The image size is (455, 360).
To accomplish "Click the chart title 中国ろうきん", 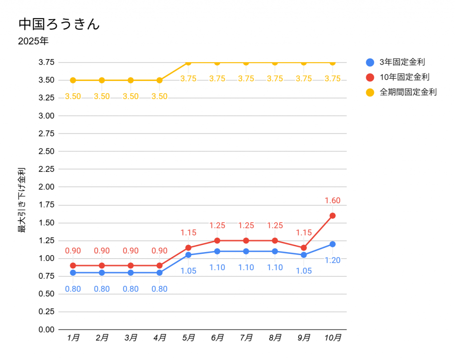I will (59, 24).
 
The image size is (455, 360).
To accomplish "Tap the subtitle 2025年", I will (33, 42).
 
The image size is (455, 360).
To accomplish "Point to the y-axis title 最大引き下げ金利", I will (21, 200).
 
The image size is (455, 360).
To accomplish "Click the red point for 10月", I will (332, 216).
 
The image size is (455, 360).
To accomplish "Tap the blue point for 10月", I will (332, 244).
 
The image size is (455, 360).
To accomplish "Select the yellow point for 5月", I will (188, 63).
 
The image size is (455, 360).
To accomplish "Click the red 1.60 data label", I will (332, 200).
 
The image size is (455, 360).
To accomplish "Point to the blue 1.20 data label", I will (332, 260).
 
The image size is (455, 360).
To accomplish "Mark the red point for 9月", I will (304, 248).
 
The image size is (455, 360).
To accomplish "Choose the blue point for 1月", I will (73, 272).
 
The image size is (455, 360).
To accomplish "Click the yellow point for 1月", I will (73, 80).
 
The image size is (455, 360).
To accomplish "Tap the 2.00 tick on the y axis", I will (46, 187).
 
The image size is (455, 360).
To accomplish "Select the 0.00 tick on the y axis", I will (46, 330).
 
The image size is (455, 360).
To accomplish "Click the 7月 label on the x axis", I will (247, 338).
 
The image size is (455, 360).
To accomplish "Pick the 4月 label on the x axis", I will (160, 338).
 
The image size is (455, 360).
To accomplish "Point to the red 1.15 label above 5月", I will (188, 232).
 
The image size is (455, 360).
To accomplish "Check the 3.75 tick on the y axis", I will (46, 62).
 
